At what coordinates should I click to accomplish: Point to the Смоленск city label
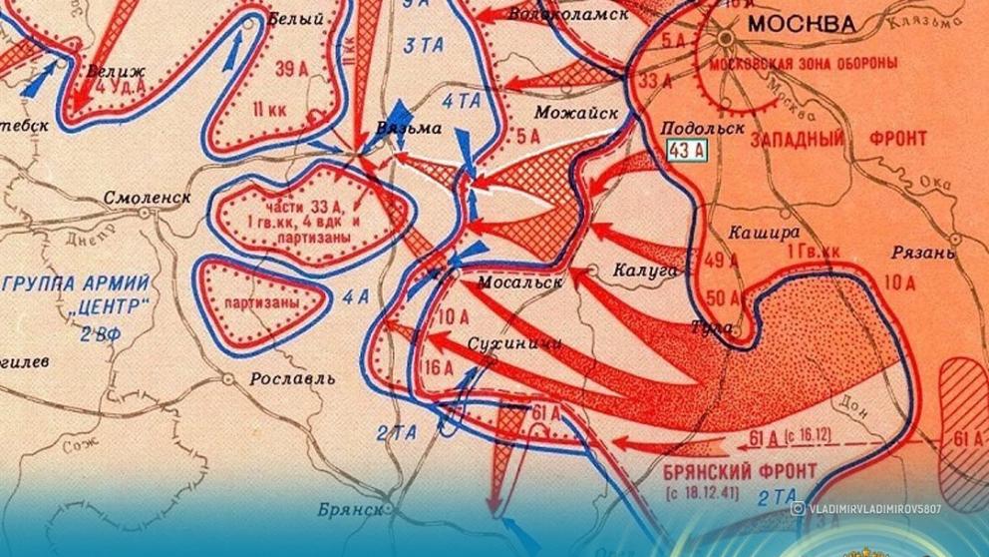click(148, 198)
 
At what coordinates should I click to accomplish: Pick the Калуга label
click(646, 271)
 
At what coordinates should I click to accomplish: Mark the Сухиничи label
click(513, 343)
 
